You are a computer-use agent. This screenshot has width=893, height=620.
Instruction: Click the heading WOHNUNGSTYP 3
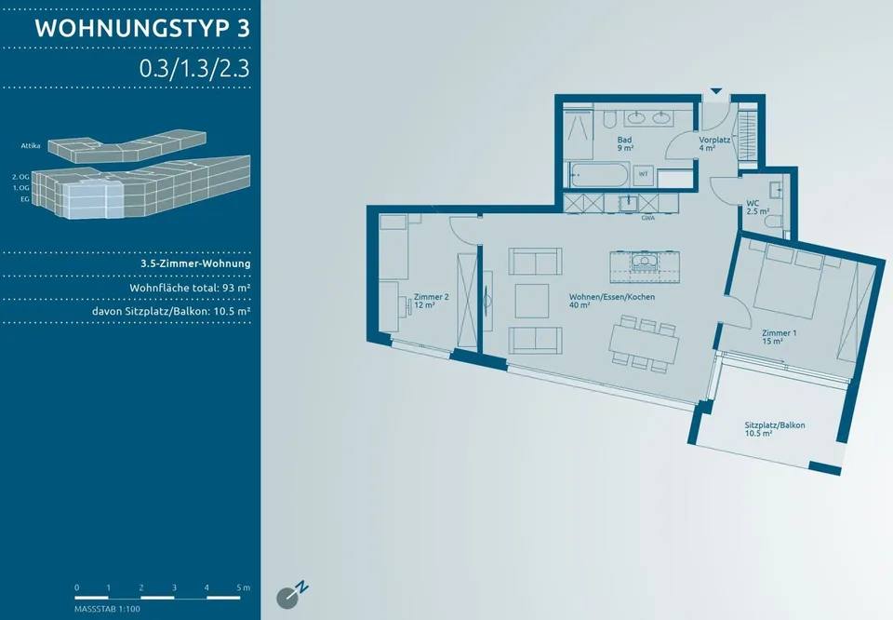tap(142, 29)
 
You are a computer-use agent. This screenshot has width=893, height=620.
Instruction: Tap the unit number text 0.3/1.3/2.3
tap(194, 68)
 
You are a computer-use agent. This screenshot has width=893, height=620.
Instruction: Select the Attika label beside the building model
tap(31, 146)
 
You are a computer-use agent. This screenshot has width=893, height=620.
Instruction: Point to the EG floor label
tap(25, 199)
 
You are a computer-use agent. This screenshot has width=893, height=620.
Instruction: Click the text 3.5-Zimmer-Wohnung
tap(195, 263)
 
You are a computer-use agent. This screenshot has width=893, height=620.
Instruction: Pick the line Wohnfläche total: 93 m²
tap(190, 288)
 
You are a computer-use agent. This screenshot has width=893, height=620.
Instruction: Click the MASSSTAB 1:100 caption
tap(107, 609)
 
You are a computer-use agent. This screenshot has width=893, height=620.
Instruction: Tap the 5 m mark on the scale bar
tap(243, 587)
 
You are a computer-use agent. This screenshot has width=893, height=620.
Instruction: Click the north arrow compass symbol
tap(291, 595)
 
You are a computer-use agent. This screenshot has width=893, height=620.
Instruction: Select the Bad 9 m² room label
tap(625, 143)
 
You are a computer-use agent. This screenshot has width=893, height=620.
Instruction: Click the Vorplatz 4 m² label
tap(714, 143)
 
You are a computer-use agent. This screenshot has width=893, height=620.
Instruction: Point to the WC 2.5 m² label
tap(757, 207)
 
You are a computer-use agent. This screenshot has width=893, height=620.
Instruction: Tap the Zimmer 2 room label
tap(431, 301)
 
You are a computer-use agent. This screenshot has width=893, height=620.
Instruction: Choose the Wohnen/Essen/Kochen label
tap(612, 301)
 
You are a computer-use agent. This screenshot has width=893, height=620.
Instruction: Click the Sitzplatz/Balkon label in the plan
tap(775, 429)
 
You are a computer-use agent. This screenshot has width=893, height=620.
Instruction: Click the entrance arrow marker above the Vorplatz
tap(716, 91)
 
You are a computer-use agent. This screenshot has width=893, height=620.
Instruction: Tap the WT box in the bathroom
tap(643, 174)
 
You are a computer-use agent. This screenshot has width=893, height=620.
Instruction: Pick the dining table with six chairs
tap(644, 344)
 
